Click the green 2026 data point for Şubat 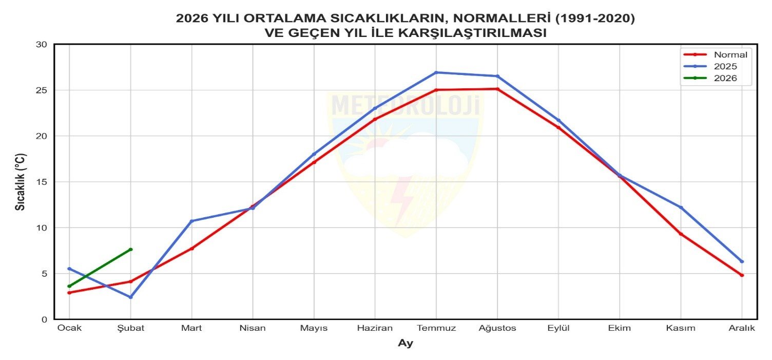tap(131, 250)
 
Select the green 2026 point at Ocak tap(69, 286)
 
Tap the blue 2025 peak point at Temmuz tap(436, 72)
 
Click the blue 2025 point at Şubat tap(131, 297)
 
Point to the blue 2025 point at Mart tap(191, 221)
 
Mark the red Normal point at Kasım tap(681, 234)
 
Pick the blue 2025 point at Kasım tap(681, 207)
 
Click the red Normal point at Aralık tap(742, 275)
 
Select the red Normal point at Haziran tap(375, 119)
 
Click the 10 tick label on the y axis tap(42, 228)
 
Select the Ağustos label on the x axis tap(497, 328)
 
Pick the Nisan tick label tap(253, 328)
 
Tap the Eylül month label tap(558, 328)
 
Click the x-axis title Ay tap(406, 344)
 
